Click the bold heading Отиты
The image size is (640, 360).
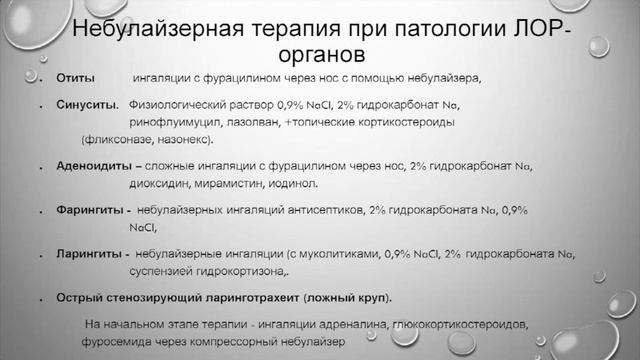pyautogui.click(x=75, y=78)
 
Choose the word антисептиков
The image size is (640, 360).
pyautogui.click(x=323, y=211)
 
